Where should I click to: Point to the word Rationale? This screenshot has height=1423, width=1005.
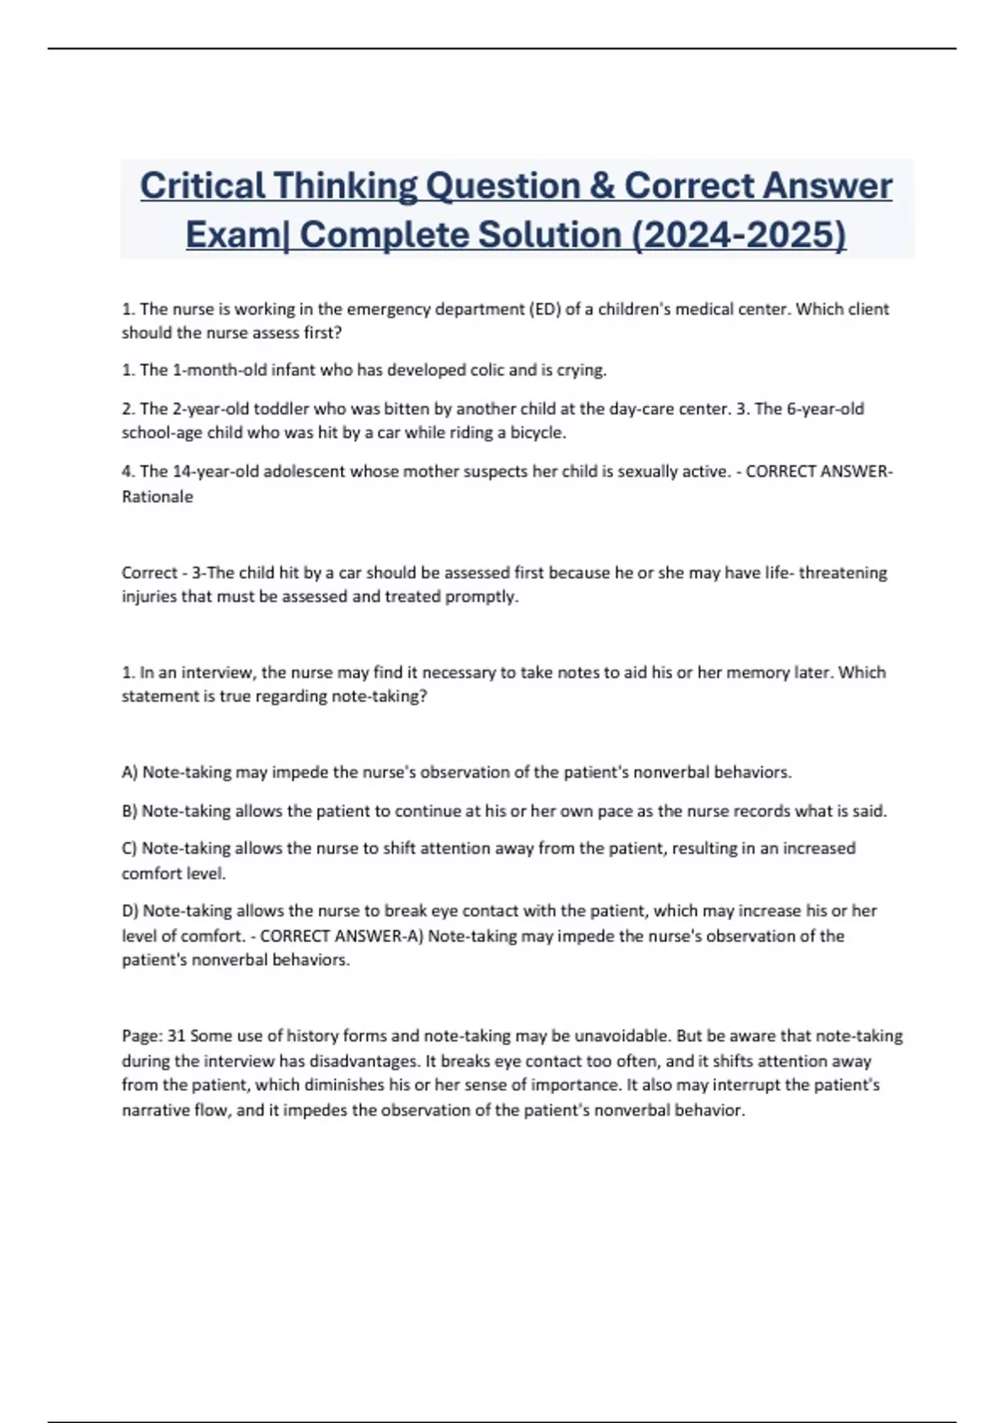pos(157,496)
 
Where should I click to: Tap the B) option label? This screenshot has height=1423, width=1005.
pos(130,811)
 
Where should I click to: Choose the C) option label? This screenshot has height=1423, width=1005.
pos(130,848)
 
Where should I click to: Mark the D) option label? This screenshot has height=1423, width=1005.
pos(131,911)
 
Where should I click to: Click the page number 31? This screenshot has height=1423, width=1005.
pos(176,1035)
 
